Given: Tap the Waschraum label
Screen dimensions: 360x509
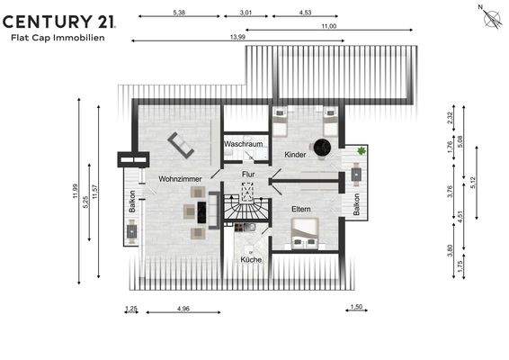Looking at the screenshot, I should click(x=243, y=144).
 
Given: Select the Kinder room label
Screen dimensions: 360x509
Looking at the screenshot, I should click(x=295, y=155).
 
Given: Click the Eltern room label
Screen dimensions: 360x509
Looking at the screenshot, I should click(x=300, y=209).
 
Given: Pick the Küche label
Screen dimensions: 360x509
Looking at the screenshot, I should click(x=251, y=259).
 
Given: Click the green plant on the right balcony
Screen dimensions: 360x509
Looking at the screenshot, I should click(x=362, y=151).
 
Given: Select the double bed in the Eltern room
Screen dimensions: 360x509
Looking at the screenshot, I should click(x=305, y=232).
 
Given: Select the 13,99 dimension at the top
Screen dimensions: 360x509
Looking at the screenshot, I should click(x=237, y=38).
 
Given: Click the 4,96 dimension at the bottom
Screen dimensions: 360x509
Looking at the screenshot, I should click(x=183, y=309).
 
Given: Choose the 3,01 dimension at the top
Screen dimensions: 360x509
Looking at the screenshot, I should click(x=246, y=13).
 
